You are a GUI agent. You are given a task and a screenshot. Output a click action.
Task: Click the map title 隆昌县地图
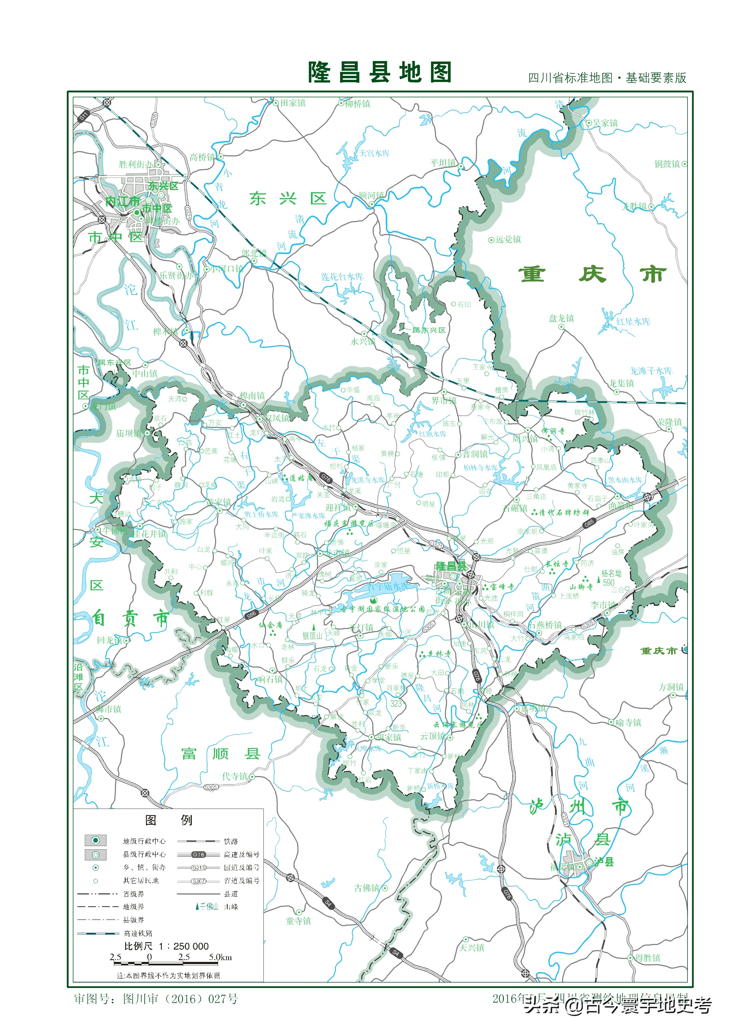pos(379,72)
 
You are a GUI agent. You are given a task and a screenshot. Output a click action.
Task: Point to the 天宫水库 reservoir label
pos(374,153)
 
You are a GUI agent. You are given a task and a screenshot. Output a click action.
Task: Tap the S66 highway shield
pos(251,615)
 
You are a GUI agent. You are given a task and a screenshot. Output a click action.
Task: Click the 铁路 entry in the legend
pos(231,841)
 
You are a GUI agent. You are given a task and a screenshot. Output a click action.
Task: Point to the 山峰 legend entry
pos(231,907)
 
